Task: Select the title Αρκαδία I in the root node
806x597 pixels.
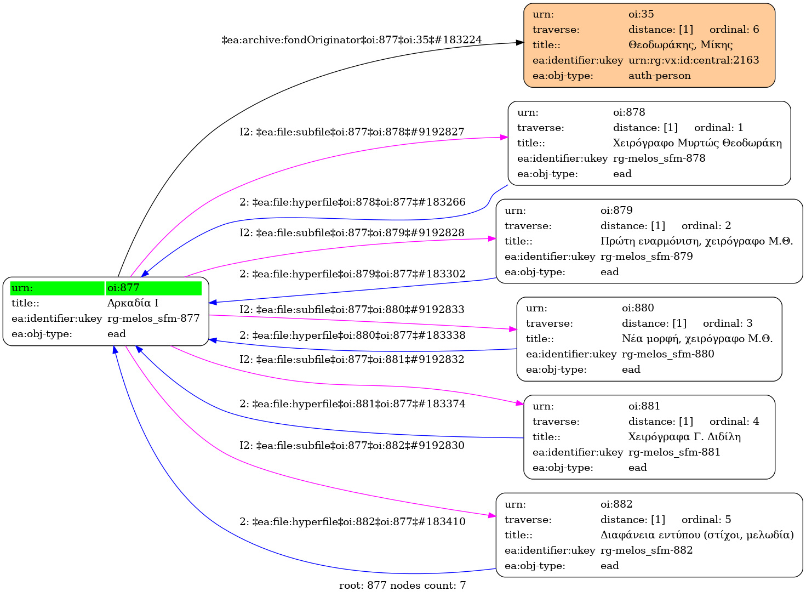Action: tap(133, 303)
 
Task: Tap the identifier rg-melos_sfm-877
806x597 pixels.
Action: tap(153, 319)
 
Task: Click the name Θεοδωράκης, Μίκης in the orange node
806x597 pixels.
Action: tap(680, 45)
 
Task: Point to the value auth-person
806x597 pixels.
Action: tap(659, 76)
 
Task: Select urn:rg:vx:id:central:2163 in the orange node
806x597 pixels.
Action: tap(694, 60)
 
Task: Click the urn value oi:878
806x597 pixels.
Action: tap(629, 112)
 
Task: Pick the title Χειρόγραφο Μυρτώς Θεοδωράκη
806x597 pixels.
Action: tap(697, 143)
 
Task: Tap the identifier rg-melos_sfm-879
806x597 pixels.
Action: tap(647, 257)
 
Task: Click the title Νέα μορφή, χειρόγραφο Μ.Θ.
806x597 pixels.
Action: tap(697, 339)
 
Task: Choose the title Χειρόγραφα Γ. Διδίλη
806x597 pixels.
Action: tap(684, 437)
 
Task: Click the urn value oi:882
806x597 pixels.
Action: tap(616, 504)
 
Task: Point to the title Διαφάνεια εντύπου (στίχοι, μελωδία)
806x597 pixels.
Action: tap(697, 535)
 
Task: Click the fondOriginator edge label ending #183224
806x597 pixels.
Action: tap(352, 40)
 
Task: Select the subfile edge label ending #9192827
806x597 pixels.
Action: tap(352, 132)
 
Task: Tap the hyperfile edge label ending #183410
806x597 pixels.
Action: tap(352, 522)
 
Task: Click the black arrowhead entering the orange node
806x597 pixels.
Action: tap(520, 42)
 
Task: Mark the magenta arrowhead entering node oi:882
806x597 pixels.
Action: tap(492, 515)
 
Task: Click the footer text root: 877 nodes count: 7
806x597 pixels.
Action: tap(402, 585)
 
